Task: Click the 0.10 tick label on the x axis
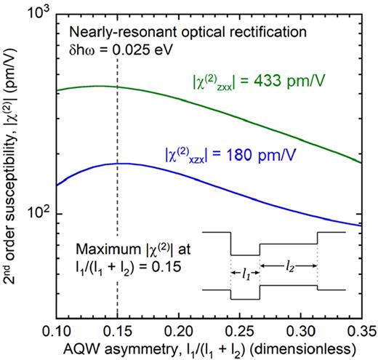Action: click(57, 331)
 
